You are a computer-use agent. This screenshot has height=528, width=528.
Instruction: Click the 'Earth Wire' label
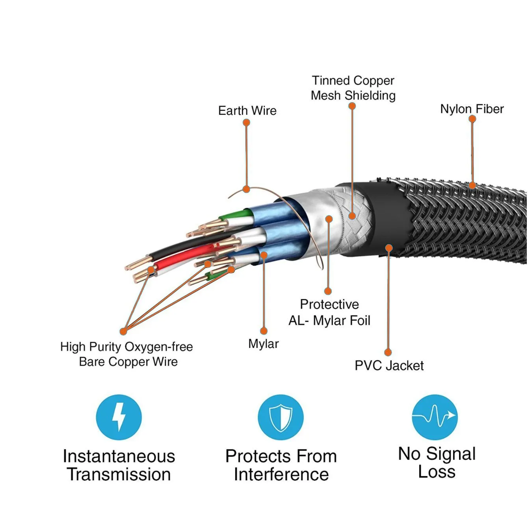[247, 111]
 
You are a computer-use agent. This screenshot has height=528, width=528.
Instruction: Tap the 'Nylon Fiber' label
[472, 109]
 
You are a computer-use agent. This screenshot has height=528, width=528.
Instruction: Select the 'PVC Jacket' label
[389, 366]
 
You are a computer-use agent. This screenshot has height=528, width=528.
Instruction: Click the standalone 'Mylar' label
[263, 344]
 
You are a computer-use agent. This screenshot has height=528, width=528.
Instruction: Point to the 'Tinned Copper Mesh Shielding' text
[353, 88]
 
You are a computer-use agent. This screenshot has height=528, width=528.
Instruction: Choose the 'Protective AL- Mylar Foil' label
[329, 312]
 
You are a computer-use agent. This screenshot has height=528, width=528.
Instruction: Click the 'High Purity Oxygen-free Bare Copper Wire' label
[126, 354]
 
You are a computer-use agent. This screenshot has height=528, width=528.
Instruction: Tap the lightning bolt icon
[119, 418]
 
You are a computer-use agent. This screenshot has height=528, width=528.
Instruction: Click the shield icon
[281, 418]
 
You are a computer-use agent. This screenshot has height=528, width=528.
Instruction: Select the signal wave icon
[435, 418]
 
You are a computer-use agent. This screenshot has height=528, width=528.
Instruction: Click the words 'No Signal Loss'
[437, 463]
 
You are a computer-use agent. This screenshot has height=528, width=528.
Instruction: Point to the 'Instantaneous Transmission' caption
[119, 465]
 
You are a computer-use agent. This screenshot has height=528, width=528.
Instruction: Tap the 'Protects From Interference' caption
[281, 465]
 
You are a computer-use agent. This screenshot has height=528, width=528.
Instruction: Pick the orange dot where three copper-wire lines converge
[123, 331]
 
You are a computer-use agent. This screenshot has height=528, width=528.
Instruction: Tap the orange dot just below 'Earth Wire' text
[246, 123]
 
